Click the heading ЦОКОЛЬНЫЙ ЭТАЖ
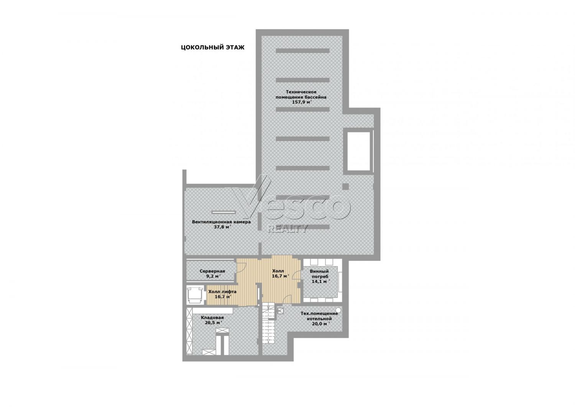(x=212, y=48)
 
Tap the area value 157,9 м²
(x=301, y=102)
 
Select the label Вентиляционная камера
(x=221, y=222)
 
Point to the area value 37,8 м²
(x=222, y=227)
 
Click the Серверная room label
(x=212, y=271)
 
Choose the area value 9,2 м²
(x=213, y=276)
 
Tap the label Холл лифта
(x=222, y=291)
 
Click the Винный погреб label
(x=319, y=274)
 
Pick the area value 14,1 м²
(x=320, y=281)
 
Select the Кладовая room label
(x=212, y=318)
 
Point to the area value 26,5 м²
(x=213, y=323)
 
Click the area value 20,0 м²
(x=320, y=324)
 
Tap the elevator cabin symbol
(x=195, y=295)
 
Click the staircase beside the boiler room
(x=268, y=323)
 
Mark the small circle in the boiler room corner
(x=338, y=310)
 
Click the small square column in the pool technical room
(x=346, y=186)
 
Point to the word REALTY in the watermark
(x=287, y=228)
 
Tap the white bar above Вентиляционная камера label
(x=223, y=212)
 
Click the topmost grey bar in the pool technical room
(x=303, y=51)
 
